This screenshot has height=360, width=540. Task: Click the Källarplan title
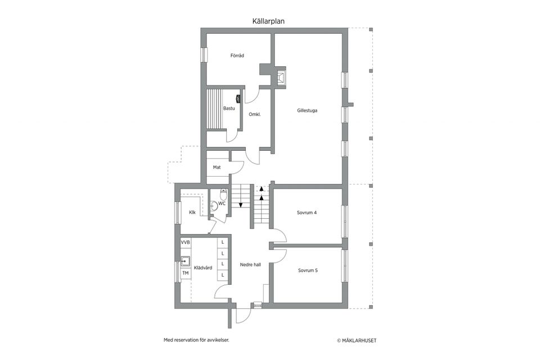point(268,21)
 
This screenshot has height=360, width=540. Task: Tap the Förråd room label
point(237,56)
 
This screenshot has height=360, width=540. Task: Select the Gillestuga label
point(307,111)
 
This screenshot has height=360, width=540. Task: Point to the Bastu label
point(229,109)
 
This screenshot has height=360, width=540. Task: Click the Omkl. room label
point(255,114)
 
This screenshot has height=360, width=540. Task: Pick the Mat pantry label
point(217,168)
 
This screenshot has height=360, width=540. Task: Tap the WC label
point(222,204)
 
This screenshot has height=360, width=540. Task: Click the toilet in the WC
point(223,195)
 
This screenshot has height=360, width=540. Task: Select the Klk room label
point(192,213)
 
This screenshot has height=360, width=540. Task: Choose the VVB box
point(186,242)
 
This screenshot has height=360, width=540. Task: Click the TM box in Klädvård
point(186,273)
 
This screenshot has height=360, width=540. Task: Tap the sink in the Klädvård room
point(186,262)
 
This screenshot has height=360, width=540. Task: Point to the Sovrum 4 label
point(307,213)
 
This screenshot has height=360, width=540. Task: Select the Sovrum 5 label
point(308,271)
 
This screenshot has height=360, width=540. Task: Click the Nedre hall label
point(250,265)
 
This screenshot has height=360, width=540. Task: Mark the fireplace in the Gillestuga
point(280,77)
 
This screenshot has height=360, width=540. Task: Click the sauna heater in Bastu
point(237,99)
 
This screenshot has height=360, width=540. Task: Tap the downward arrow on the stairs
point(241,205)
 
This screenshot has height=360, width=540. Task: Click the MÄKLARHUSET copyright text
point(357,341)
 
